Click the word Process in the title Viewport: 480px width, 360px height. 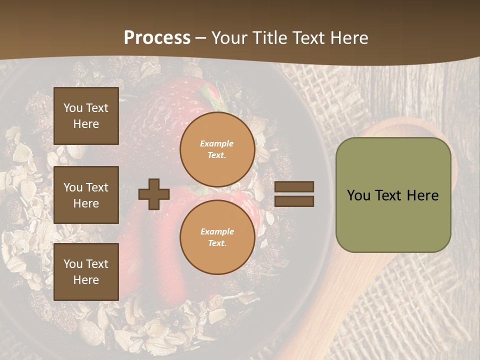[x=157, y=38]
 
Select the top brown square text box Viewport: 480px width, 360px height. [x=86, y=116]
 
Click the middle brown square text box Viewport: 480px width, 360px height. [x=86, y=195]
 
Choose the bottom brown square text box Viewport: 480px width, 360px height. [x=86, y=271]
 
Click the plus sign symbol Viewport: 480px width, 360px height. [x=154, y=194]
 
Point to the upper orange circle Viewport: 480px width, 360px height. [x=217, y=149]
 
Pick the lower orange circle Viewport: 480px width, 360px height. [x=217, y=237]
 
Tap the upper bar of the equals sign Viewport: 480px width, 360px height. [x=294, y=187]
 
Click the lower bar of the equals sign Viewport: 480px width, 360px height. [x=294, y=201]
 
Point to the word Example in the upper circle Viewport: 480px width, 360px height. [x=217, y=143]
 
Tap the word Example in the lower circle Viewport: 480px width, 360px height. [x=217, y=231]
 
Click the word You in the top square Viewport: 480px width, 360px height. [x=73, y=108]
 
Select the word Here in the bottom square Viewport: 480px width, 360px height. [x=86, y=280]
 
